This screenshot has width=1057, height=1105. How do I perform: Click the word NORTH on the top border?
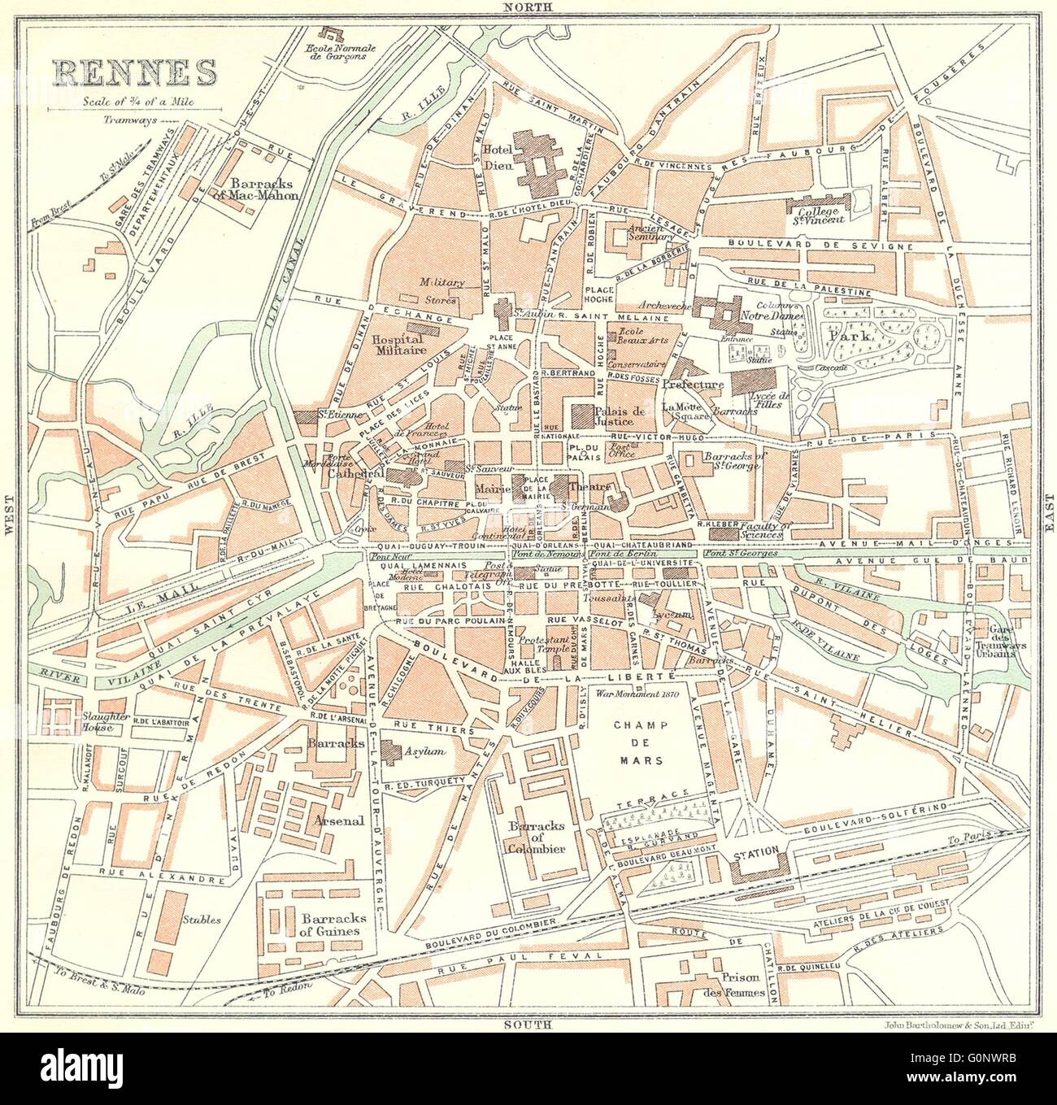point(528,7)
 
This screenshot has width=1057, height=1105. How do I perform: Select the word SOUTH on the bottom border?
point(528,1025)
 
